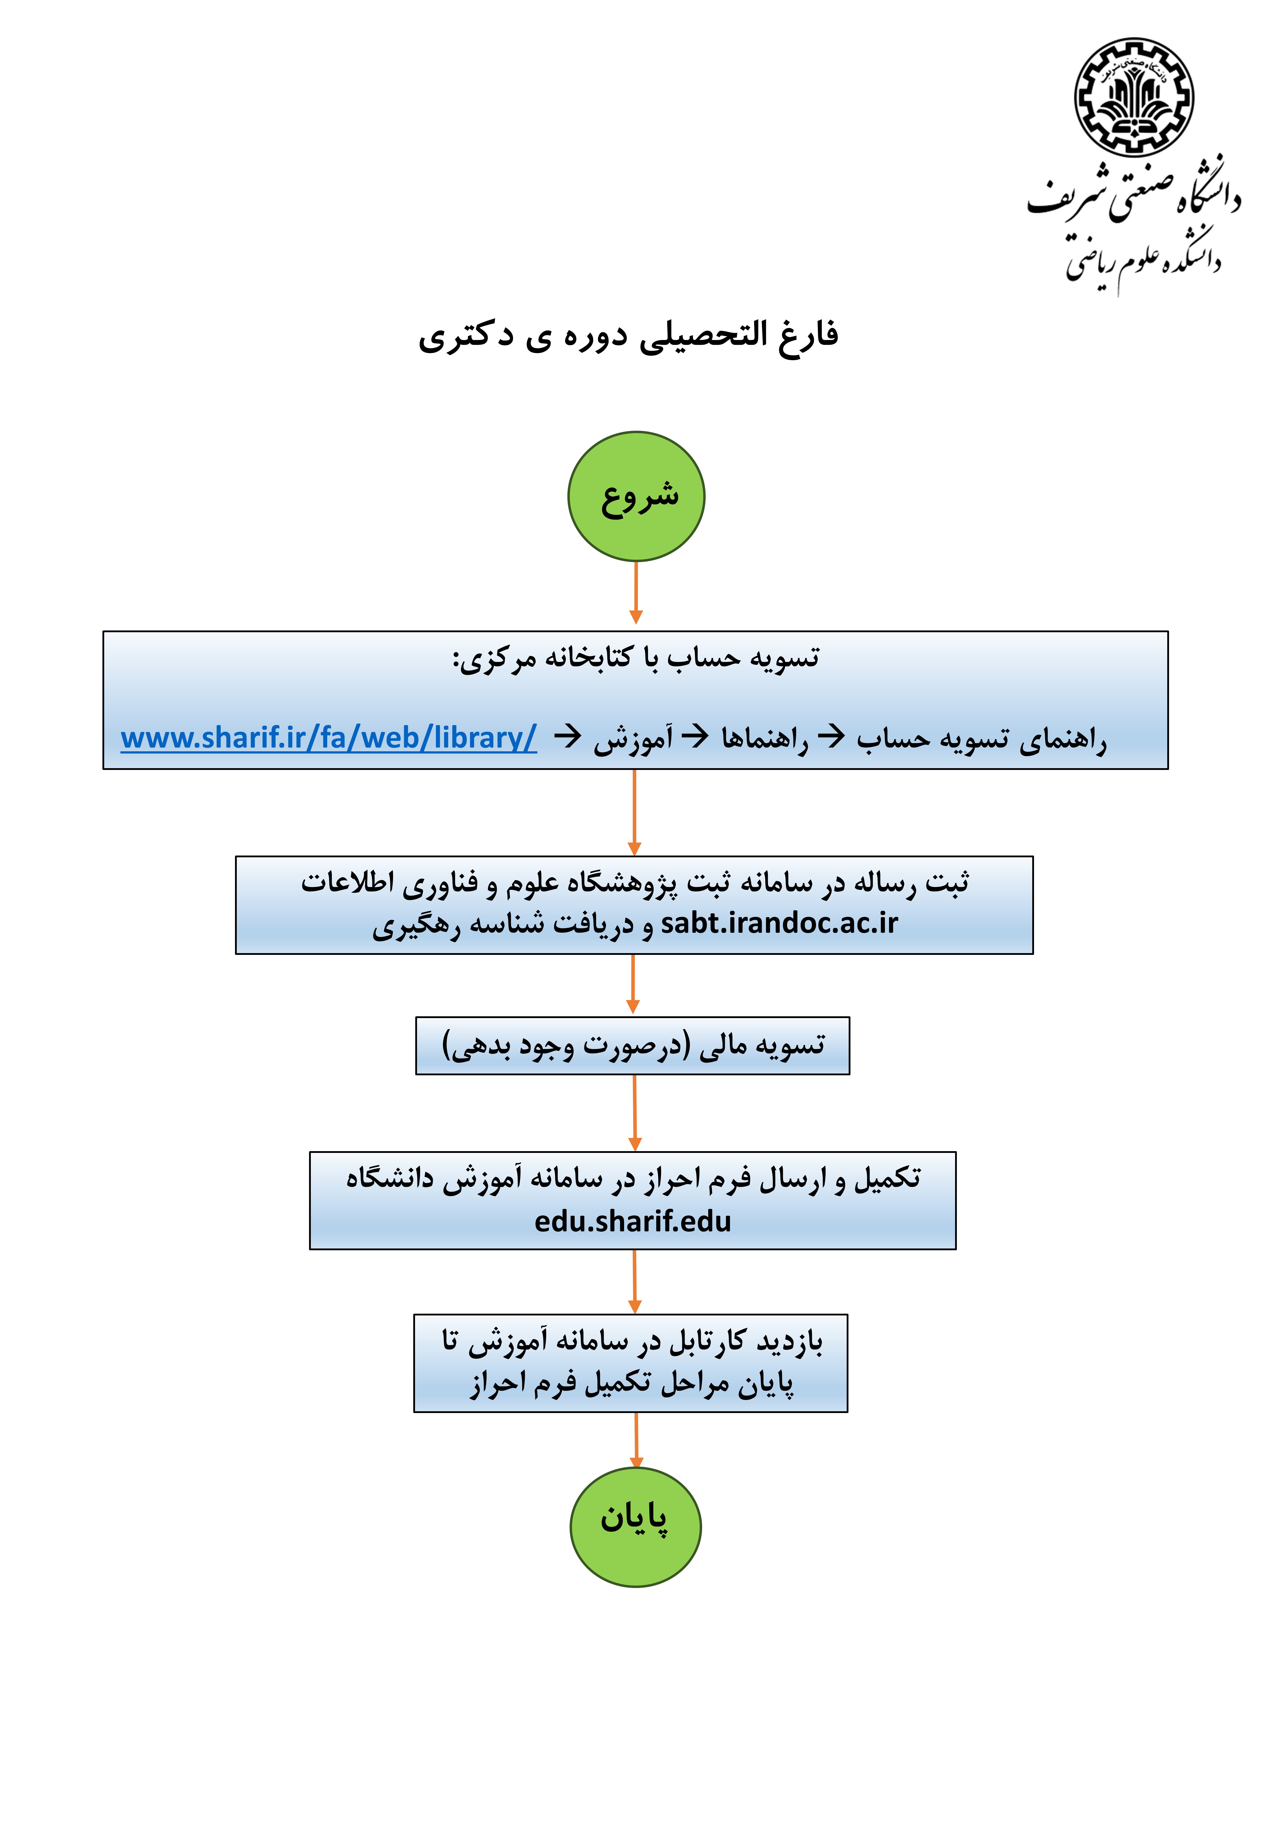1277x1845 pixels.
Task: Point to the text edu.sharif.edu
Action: click(x=633, y=1222)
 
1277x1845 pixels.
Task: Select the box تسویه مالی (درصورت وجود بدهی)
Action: click(x=633, y=1046)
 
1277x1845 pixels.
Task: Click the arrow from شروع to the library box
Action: click(x=636, y=592)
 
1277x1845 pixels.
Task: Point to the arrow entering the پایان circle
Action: click(x=636, y=1440)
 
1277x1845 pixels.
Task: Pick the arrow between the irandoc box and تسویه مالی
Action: click(x=633, y=984)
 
